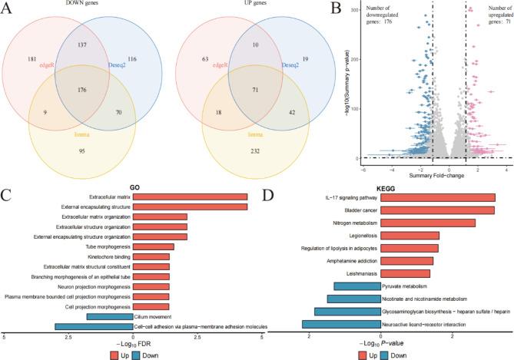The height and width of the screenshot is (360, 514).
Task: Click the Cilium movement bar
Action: (112, 315)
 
